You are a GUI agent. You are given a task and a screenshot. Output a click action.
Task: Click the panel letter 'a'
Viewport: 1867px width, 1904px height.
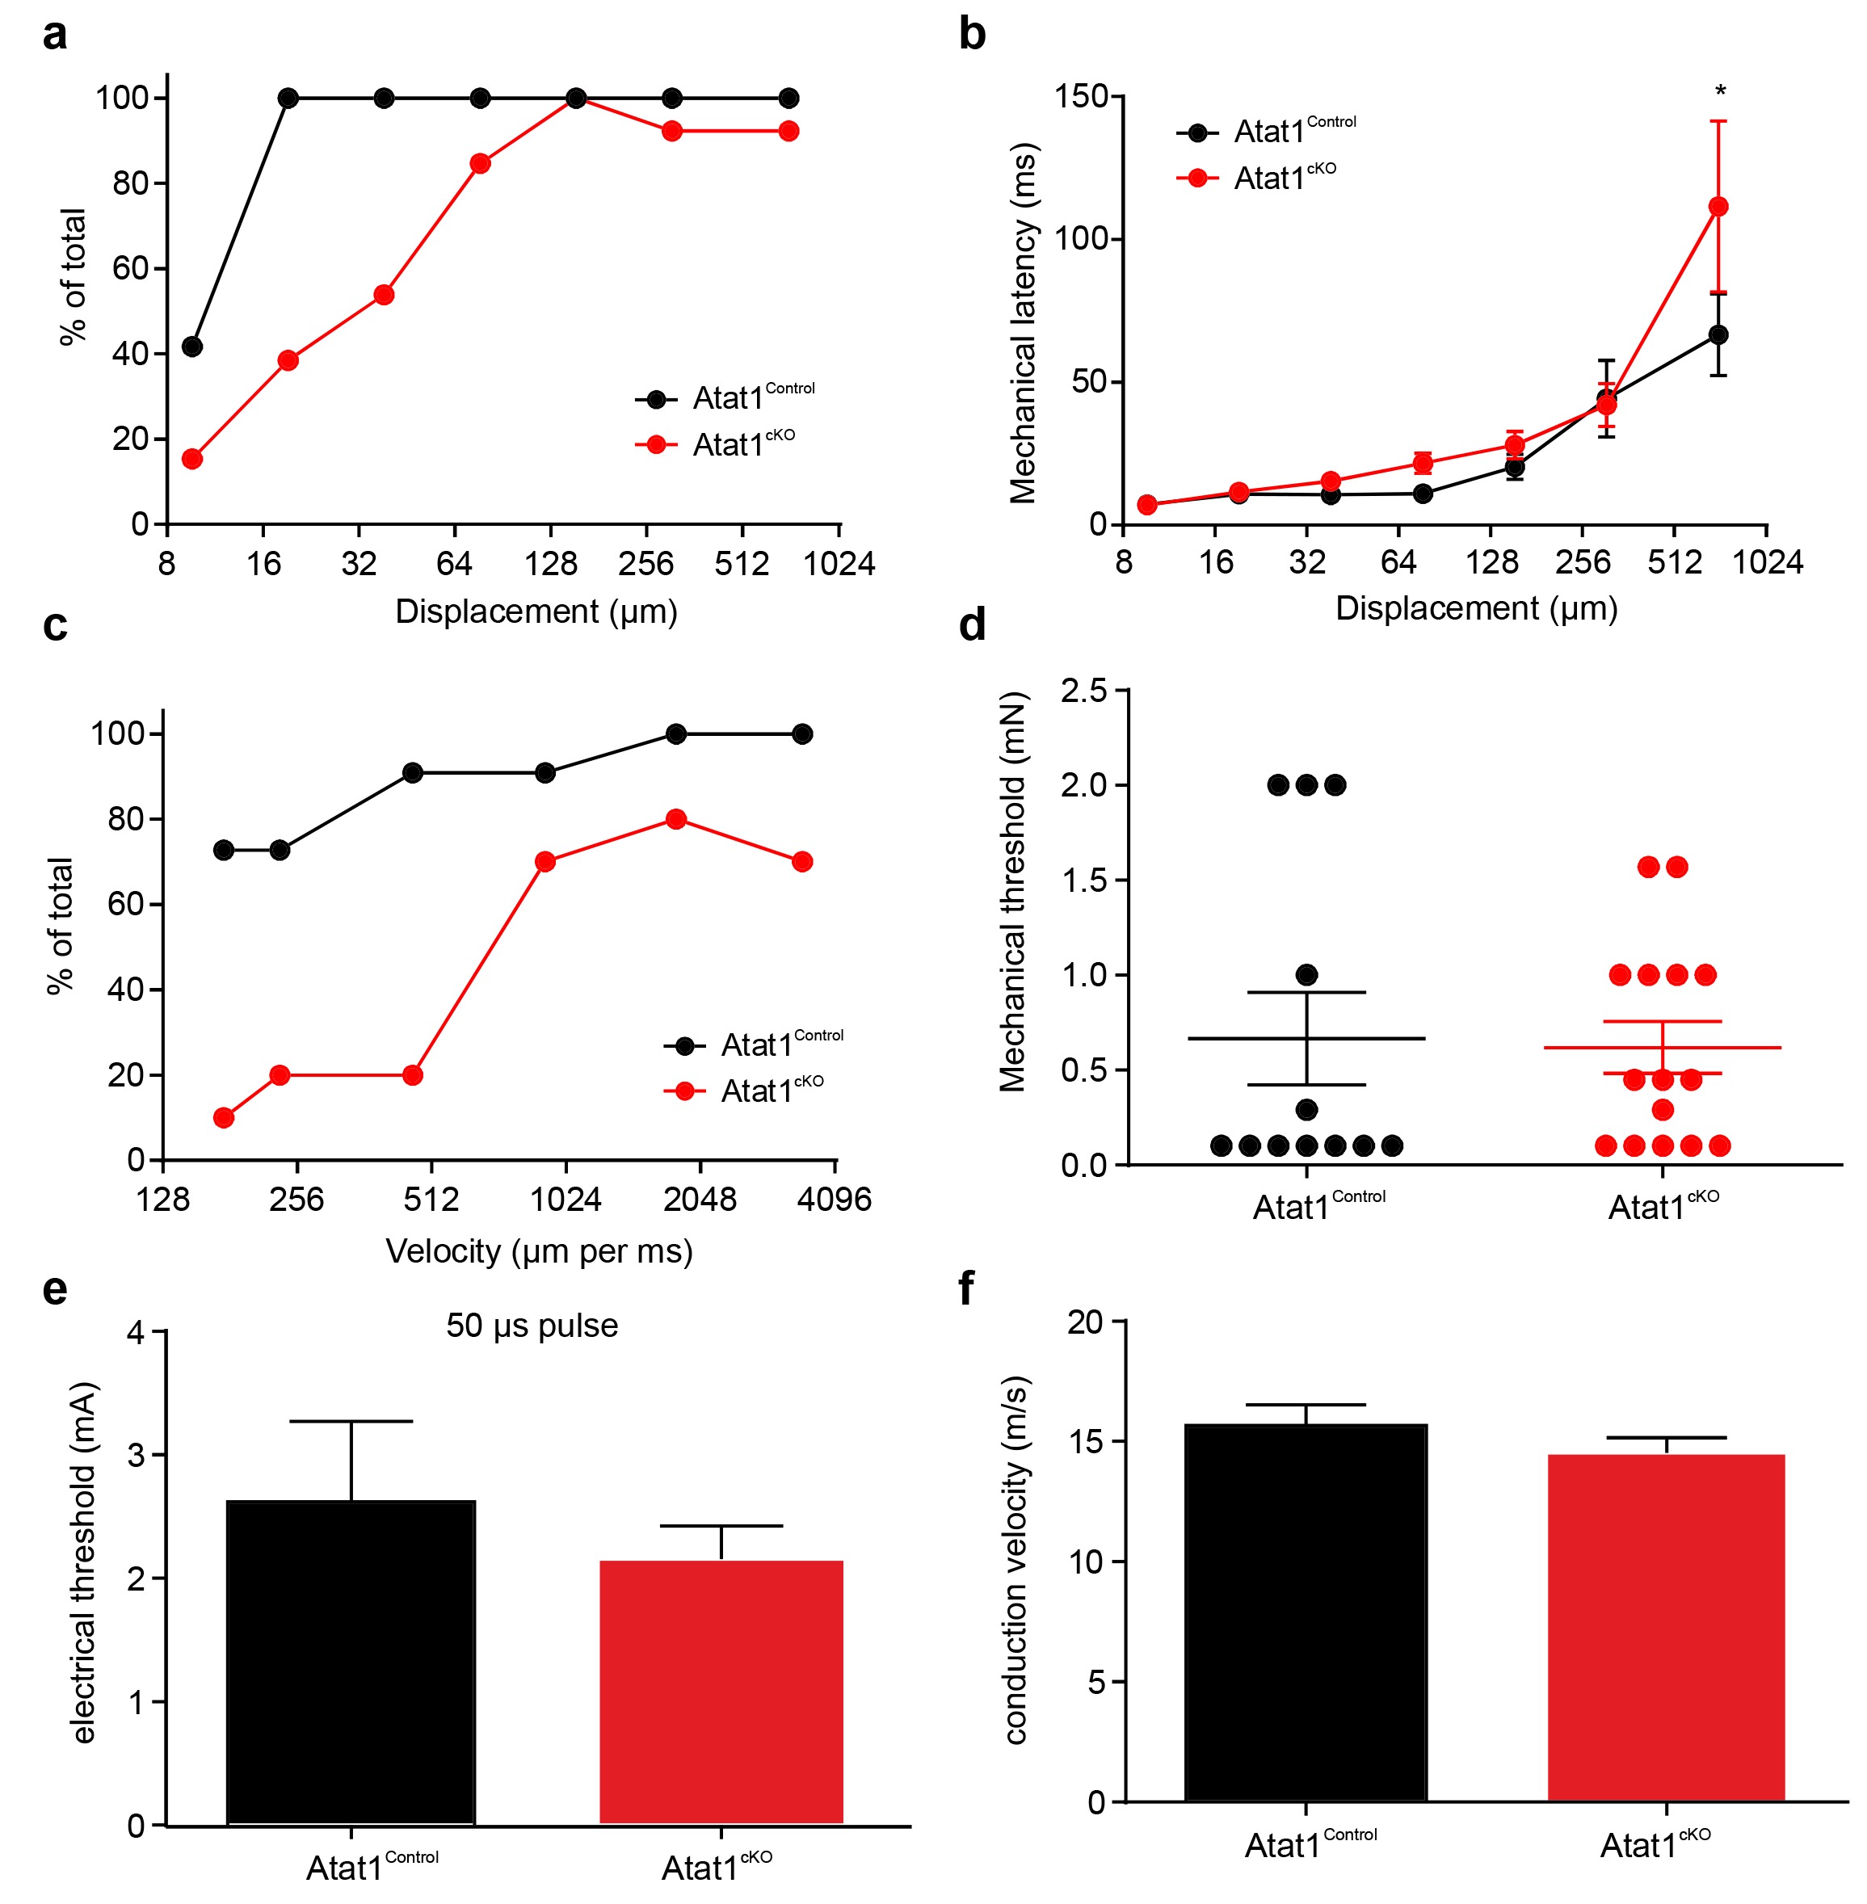(55, 36)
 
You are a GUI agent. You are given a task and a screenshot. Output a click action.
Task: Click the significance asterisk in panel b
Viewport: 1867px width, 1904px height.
(1720, 92)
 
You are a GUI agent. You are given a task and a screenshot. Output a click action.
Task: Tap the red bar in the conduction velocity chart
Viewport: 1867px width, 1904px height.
(1666, 1628)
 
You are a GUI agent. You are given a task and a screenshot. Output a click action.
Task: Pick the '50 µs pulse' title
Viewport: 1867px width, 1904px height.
(532, 1326)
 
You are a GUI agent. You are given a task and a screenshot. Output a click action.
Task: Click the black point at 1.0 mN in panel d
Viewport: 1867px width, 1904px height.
(1306, 974)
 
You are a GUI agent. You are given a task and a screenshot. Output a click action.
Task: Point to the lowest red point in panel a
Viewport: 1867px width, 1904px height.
(192, 459)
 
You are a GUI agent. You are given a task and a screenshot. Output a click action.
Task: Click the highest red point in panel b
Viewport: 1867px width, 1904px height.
(1718, 207)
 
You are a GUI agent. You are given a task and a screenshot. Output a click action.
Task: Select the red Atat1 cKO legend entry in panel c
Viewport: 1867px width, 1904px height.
(745, 1091)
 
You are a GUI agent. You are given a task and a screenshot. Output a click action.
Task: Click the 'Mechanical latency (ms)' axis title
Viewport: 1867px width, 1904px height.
(1023, 324)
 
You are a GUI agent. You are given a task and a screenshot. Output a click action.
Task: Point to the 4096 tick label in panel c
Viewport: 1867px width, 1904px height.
(834, 1199)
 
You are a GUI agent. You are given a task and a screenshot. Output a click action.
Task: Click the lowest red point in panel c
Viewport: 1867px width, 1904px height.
(224, 1118)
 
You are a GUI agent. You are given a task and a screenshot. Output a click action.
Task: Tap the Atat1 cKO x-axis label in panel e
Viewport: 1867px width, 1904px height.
(717, 1867)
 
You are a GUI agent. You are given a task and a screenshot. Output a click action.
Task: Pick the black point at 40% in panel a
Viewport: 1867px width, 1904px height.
(192, 346)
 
